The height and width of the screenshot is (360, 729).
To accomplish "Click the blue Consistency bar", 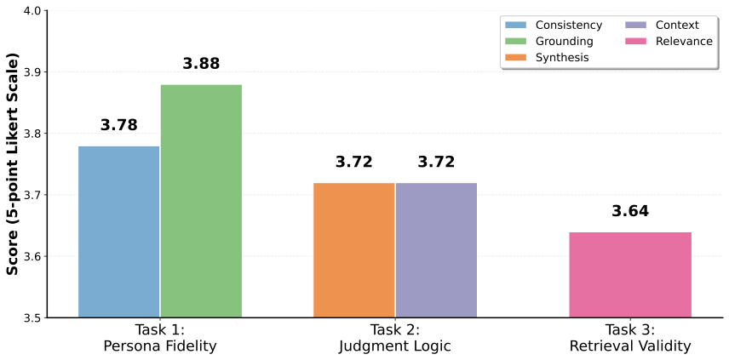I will point(118,231).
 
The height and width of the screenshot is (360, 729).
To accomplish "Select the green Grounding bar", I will point(201,201).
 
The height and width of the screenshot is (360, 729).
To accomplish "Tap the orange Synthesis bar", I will point(353,250).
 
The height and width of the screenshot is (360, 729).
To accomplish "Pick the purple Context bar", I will point(436,250).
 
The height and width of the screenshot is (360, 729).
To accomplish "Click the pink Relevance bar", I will point(630,274).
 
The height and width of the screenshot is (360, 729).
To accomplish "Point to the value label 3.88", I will point(201,64).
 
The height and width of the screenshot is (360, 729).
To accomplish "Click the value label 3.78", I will point(118,125).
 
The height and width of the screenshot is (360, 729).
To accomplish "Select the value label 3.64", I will point(630,211).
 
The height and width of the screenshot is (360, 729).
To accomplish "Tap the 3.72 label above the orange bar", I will point(353,162).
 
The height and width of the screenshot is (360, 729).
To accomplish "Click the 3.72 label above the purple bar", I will point(436,162).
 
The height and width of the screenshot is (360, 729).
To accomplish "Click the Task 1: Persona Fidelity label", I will point(159,338).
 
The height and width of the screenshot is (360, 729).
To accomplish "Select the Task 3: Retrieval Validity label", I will point(630,338).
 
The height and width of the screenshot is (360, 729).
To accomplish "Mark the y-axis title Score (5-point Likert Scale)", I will point(13,163).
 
